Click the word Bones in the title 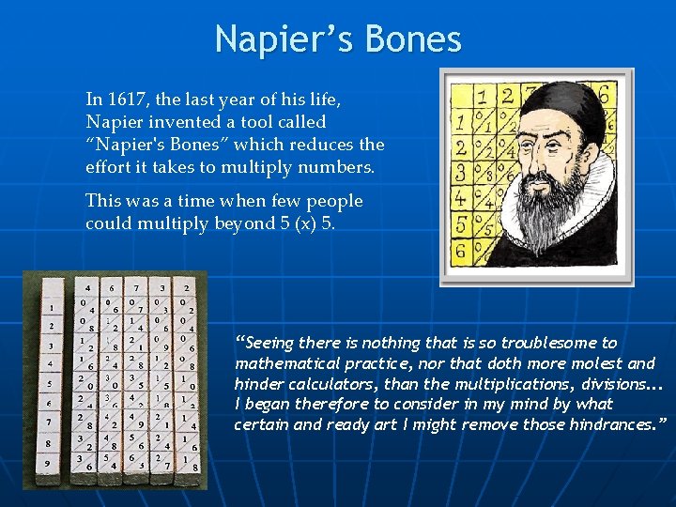(412, 39)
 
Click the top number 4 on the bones (88, 287)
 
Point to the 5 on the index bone (50, 383)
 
